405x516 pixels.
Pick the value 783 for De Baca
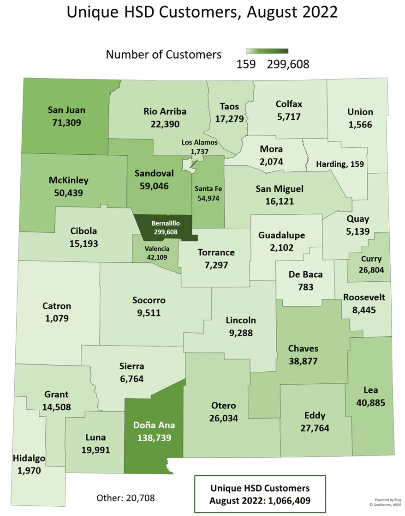[305, 286]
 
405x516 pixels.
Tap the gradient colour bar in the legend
[267, 51]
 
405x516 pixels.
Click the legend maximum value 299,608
[288, 65]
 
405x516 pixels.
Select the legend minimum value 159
[246, 65]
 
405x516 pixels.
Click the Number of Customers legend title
[164, 55]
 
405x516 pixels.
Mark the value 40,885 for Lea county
[371, 402]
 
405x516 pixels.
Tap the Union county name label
[360, 112]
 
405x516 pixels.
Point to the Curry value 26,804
[371, 269]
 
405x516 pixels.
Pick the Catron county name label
[57, 306]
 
